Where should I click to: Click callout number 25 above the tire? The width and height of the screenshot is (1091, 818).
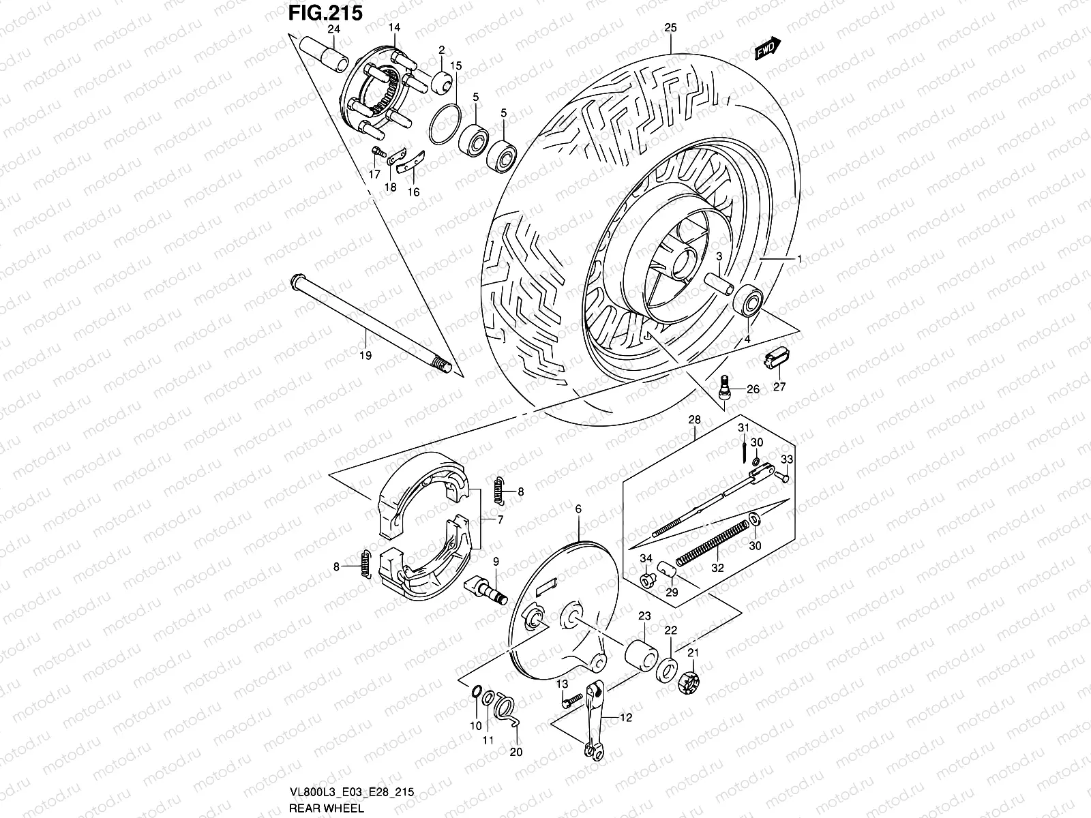tap(670, 28)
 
